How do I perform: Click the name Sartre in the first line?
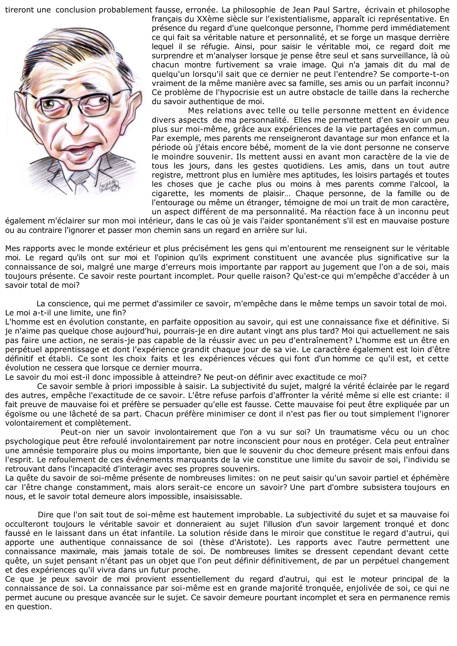coord(347,10)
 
